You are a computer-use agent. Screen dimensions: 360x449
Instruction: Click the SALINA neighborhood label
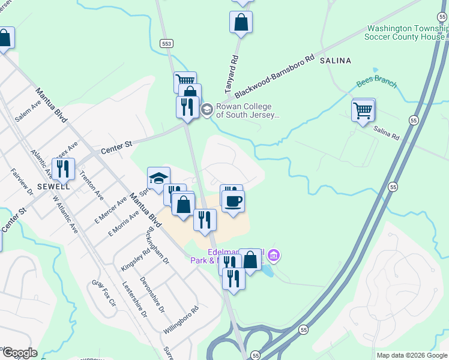coord(335,61)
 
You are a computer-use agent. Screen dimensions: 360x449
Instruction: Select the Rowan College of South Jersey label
coord(248,110)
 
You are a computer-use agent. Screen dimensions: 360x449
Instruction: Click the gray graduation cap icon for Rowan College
coord(206,109)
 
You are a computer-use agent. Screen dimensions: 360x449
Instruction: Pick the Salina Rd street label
coord(386,133)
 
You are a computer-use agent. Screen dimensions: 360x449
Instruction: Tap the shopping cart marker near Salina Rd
coord(363,110)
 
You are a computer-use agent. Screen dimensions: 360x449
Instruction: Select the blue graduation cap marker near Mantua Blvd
coord(159,178)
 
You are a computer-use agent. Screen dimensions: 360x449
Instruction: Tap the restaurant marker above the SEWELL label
coord(63,168)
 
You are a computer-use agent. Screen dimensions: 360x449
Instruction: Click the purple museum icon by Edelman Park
coord(274,256)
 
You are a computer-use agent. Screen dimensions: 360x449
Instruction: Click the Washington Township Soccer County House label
coord(406,32)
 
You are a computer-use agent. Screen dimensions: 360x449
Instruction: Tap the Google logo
coord(19,353)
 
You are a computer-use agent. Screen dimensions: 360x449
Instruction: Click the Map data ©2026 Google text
coord(411,355)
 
